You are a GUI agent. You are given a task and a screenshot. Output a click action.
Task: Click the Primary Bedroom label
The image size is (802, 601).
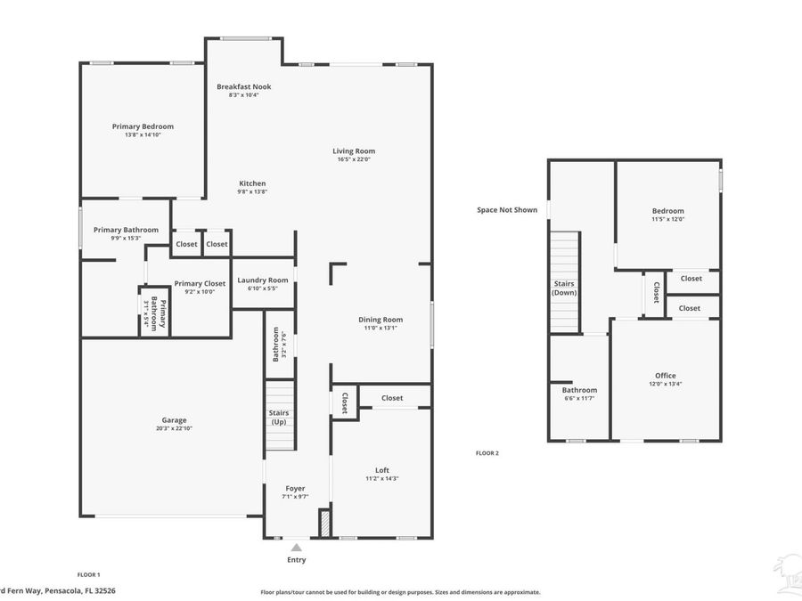click(x=143, y=126)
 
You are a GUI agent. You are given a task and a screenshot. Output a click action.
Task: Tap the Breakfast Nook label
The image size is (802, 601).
click(x=243, y=86)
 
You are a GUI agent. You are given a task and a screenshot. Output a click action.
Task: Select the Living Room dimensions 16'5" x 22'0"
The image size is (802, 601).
click(x=354, y=159)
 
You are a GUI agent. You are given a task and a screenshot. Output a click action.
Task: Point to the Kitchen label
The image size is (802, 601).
click(x=252, y=183)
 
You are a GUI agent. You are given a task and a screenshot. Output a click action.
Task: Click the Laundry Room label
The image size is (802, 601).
click(x=263, y=280)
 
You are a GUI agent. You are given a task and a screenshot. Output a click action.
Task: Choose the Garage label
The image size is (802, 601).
click(x=174, y=420)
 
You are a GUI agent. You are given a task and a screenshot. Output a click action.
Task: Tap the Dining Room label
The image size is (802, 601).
click(x=381, y=320)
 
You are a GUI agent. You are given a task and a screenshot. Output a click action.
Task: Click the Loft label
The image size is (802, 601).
click(x=382, y=470)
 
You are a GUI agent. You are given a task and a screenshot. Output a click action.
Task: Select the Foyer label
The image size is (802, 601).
click(x=295, y=488)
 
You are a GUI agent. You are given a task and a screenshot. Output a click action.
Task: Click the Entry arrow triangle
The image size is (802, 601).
click(x=296, y=548)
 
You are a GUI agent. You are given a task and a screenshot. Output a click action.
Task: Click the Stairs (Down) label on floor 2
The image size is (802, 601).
click(x=564, y=288)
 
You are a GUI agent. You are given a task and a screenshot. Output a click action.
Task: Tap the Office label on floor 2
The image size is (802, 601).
click(x=665, y=376)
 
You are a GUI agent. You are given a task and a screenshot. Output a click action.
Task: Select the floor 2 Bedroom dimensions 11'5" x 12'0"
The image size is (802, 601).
click(x=667, y=219)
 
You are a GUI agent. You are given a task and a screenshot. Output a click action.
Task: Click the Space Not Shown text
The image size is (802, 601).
click(x=507, y=210)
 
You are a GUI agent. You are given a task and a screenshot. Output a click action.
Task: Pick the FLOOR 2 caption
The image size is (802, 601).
click(x=487, y=453)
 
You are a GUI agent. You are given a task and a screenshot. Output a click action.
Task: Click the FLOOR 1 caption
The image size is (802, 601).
click(x=88, y=574)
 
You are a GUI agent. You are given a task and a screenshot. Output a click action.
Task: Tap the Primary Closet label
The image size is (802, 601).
click(x=200, y=283)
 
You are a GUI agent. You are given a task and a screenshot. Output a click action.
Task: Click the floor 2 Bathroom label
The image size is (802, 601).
click(x=579, y=390)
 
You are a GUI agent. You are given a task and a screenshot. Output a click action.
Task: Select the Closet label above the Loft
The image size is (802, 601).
click(x=392, y=398)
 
